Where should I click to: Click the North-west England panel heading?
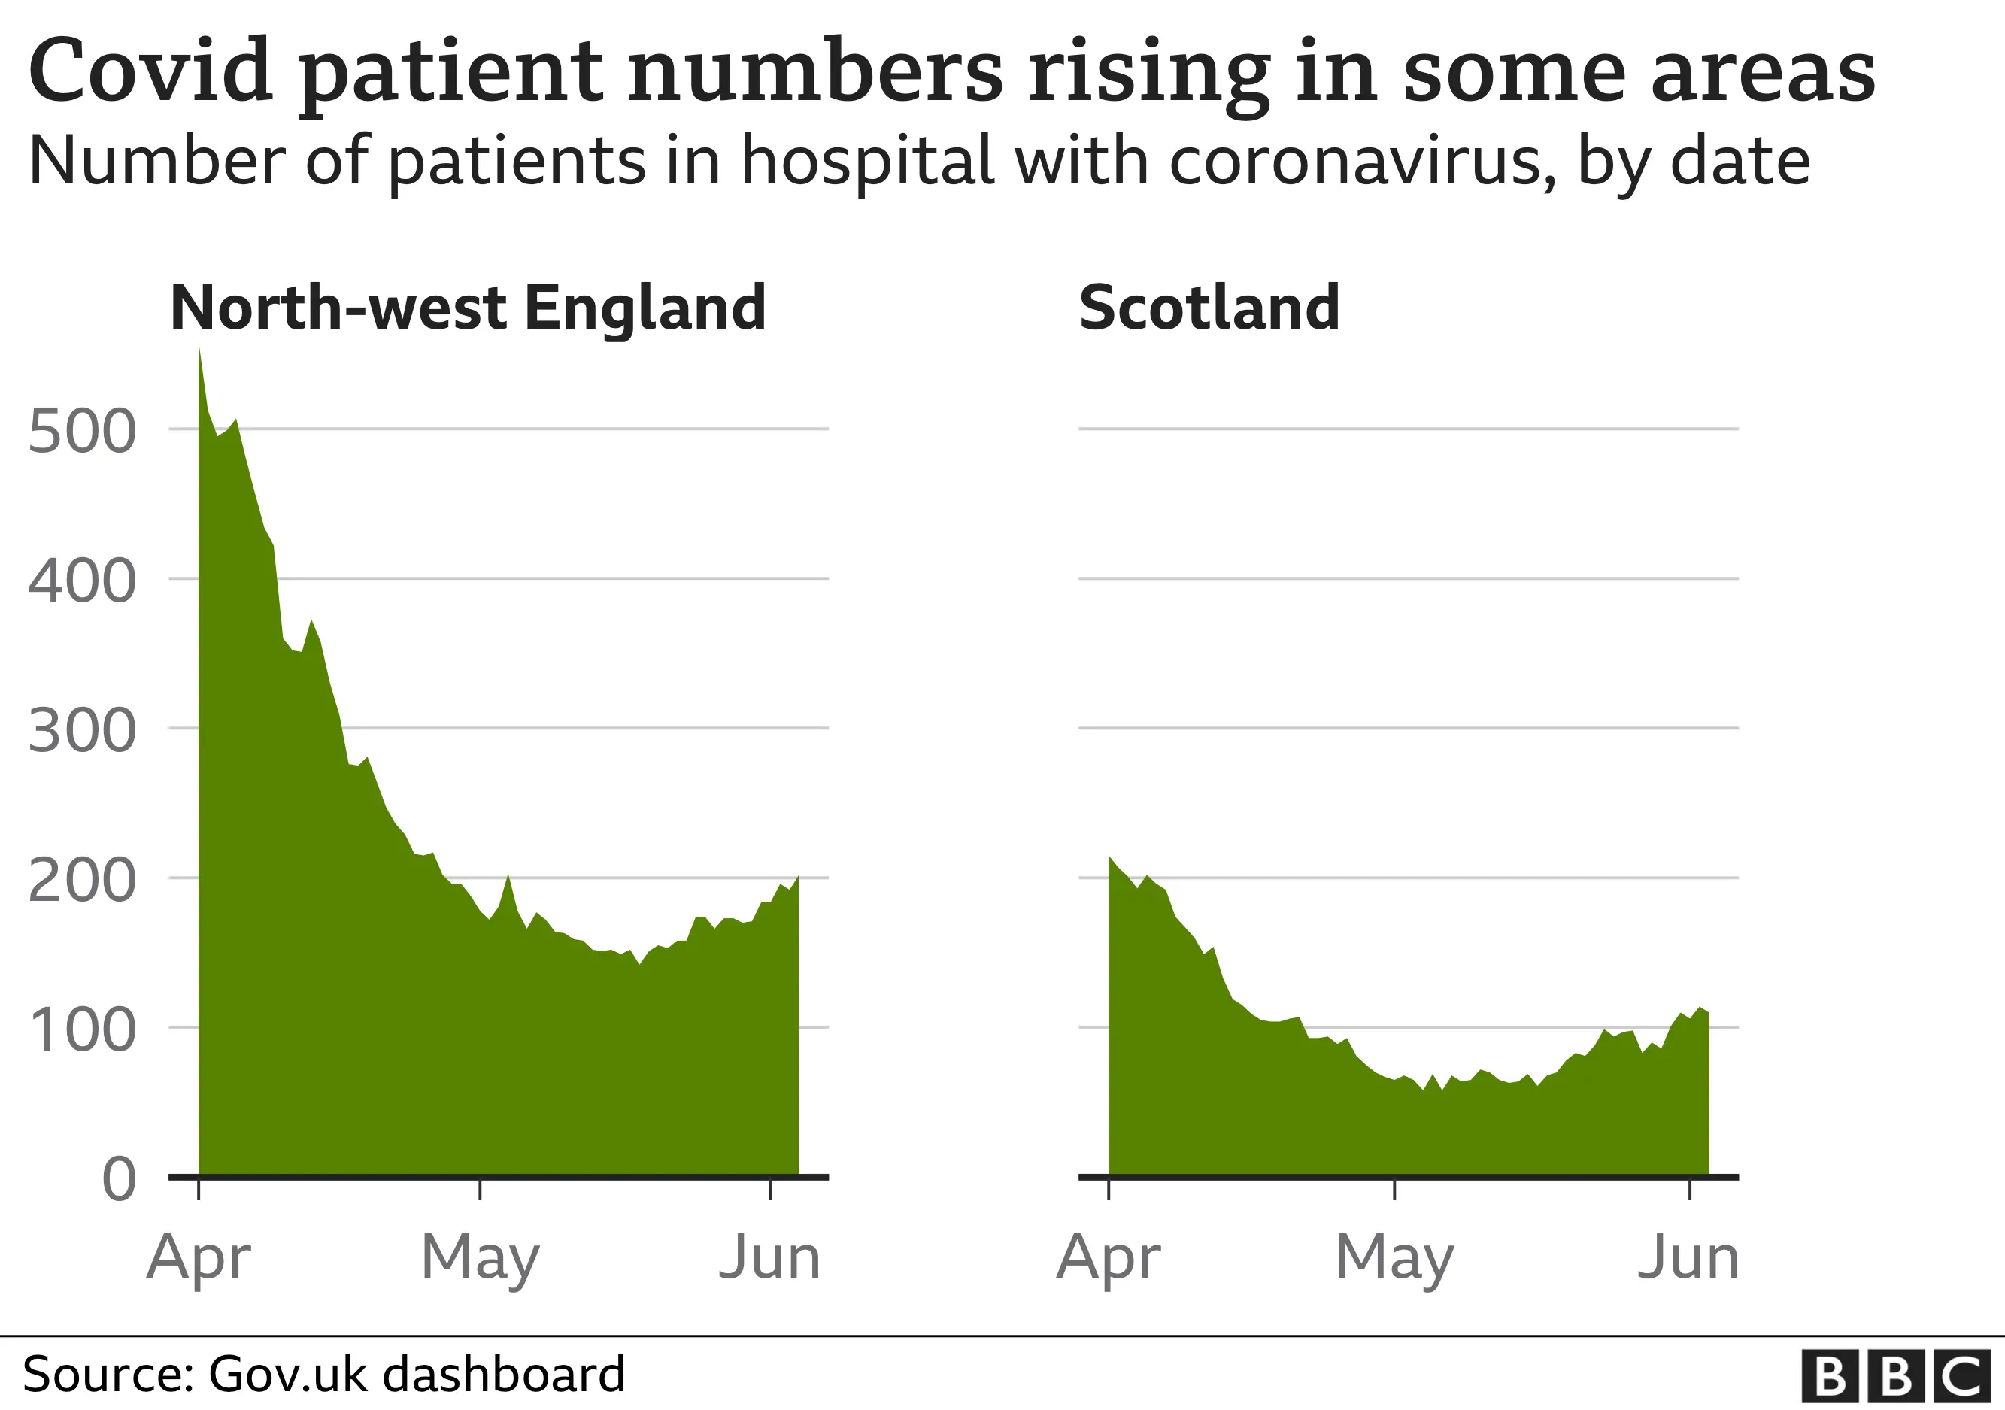(x=468, y=308)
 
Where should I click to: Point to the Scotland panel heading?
(x=1209, y=308)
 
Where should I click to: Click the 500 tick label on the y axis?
(x=82, y=432)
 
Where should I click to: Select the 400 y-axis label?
(x=82, y=581)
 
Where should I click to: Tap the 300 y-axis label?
(x=82, y=731)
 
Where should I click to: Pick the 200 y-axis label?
(x=82, y=881)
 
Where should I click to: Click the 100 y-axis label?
(x=82, y=1031)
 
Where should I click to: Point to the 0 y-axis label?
(x=119, y=1179)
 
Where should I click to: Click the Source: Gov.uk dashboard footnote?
(x=323, y=1374)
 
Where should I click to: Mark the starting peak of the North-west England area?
(x=199, y=347)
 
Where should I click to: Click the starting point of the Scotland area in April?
(x=1110, y=857)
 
